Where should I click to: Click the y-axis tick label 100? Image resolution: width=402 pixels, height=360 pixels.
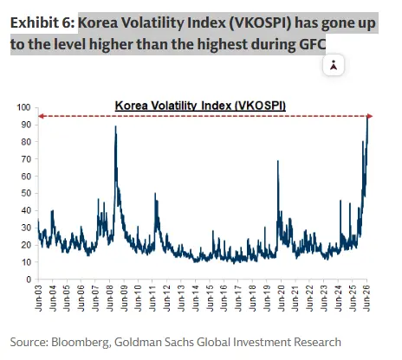pos(23,107)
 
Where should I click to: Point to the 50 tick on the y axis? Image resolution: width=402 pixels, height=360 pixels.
pos(26,193)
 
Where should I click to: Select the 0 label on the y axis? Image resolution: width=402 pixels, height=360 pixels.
pos(29,280)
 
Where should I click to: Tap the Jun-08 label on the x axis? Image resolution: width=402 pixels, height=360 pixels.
pos(110,299)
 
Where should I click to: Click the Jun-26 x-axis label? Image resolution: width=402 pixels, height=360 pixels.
pos(366,299)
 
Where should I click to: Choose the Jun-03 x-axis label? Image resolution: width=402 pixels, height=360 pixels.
pos(38,299)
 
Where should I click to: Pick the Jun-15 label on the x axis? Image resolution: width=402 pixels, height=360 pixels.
pos(210,299)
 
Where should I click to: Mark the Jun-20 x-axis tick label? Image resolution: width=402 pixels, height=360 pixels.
pos(282,299)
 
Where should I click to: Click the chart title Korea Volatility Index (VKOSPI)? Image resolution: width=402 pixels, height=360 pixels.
pos(200,106)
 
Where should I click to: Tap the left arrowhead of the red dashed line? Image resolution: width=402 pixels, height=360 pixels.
pos(41,116)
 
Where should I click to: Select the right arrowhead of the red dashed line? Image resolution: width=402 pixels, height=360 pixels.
pos(370,116)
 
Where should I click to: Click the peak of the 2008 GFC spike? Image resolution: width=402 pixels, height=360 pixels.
pos(115,126)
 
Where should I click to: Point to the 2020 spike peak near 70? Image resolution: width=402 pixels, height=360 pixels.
pos(278,161)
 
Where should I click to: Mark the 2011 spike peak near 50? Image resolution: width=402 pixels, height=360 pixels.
pos(155,193)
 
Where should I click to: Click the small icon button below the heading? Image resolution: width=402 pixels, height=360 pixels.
pos(334,65)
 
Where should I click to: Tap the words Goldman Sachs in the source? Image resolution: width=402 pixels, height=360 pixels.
pos(154,342)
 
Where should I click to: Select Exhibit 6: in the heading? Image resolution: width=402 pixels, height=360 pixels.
pos(42,22)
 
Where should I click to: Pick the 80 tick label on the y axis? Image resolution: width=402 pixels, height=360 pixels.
pos(26,142)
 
